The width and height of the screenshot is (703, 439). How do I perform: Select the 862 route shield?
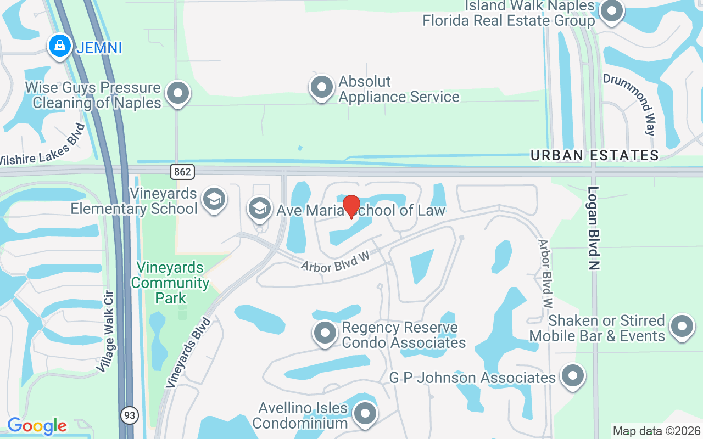click(x=182, y=172)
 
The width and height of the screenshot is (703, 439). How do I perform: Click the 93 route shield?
click(x=130, y=415)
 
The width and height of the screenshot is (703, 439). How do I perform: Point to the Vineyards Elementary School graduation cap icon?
click(x=214, y=199)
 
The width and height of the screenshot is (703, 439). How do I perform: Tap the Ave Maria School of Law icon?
click(x=260, y=208)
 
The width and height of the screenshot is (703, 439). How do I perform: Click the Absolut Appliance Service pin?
click(x=322, y=87)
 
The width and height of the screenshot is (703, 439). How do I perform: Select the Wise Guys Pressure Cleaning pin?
click(x=177, y=93)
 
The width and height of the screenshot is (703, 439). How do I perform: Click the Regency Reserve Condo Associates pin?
click(x=325, y=333)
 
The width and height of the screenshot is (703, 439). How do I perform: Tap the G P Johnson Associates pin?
click(x=573, y=376)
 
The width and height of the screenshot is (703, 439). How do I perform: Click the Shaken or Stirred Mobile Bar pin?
click(x=682, y=326)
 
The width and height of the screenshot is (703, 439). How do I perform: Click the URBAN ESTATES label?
click(x=594, y=155)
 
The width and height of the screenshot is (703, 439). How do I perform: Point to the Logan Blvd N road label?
click(x=593, y=228)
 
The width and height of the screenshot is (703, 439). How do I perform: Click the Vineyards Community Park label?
click(x=170, y=283)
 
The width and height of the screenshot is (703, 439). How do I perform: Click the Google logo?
click(x=37, y=426)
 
